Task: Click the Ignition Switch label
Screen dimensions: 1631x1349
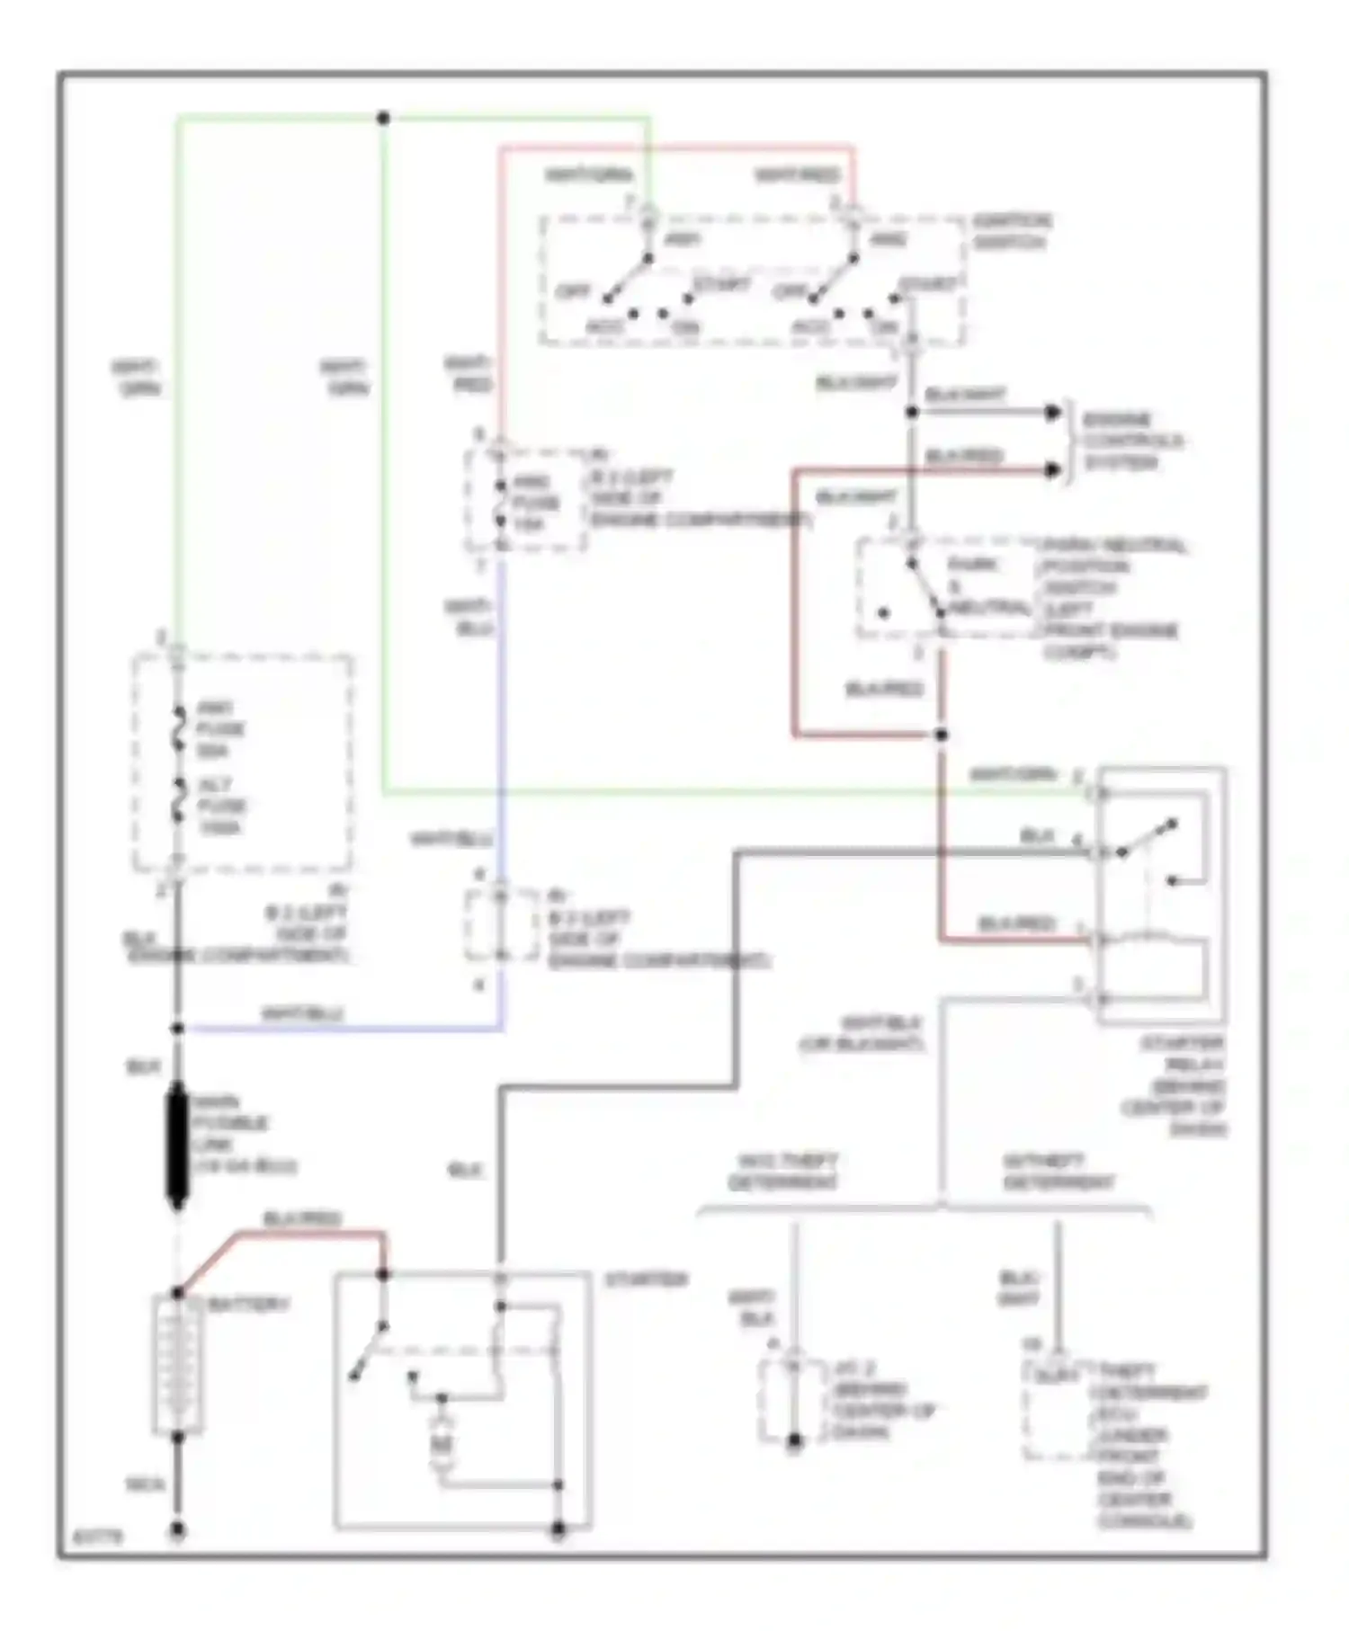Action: tap(1012, 231)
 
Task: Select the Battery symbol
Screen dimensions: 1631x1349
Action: tap(177, 1364)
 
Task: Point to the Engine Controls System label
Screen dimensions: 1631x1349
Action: tap(1131, 441)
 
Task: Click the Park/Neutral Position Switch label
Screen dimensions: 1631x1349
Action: tap(1113, 598)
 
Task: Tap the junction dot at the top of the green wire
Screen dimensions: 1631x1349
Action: tap(383, 118)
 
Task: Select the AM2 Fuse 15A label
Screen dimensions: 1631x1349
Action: tap(536, 503)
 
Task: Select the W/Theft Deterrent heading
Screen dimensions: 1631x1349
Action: tap(1058, 1172)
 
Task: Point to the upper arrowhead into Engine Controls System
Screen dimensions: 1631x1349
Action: tap(1052, 413)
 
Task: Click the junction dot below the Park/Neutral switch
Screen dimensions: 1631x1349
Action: tap(941, 735)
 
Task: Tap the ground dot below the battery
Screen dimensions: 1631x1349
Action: tap(178, 1529)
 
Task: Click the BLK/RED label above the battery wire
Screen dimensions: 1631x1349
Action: tap(302, 1219)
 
